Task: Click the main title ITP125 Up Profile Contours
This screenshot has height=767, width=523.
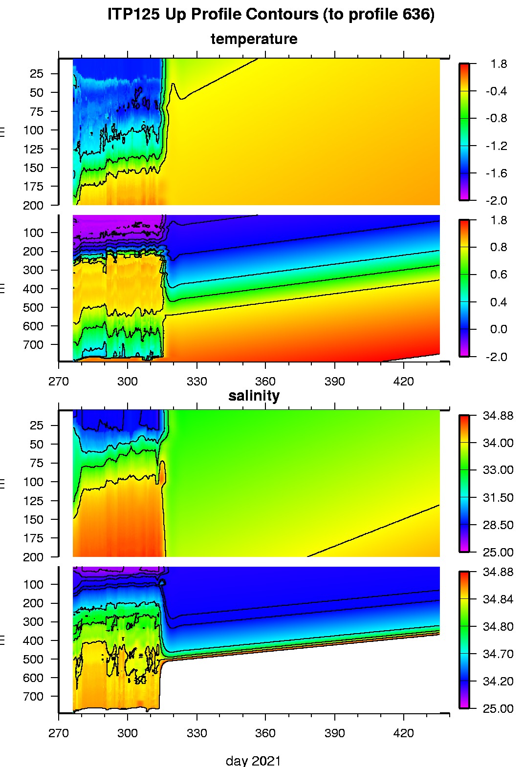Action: (271, 15)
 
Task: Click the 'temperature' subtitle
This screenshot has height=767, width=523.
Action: (254, 39)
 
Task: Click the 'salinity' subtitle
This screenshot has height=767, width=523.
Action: (254, 396)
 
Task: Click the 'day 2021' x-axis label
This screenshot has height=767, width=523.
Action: (253, 761)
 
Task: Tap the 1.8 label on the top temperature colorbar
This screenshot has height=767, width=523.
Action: (499, 64)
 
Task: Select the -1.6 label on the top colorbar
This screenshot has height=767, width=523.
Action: (496, 173)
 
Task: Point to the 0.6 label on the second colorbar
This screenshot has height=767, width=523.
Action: (499, 275)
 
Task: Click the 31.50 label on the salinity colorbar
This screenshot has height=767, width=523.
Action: (498, 498)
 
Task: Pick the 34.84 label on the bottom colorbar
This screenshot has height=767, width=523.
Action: (498, 599)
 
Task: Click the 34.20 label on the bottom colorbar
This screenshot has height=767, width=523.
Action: (498, 682)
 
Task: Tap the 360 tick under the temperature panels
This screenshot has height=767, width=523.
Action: (265, 382)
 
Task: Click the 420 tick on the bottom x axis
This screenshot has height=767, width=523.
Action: (403, 733)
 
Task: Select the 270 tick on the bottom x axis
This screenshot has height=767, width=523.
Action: (59, 733)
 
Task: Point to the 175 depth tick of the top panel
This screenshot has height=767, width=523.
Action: (33, 187)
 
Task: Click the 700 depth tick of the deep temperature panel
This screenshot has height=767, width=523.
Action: (33, 345)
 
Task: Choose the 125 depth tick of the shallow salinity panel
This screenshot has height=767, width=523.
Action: (33, 501)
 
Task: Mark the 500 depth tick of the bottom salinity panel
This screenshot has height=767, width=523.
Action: (33, 660)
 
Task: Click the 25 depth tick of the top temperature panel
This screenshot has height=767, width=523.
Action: (36, 74)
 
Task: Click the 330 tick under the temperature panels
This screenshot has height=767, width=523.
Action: (196, 382)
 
